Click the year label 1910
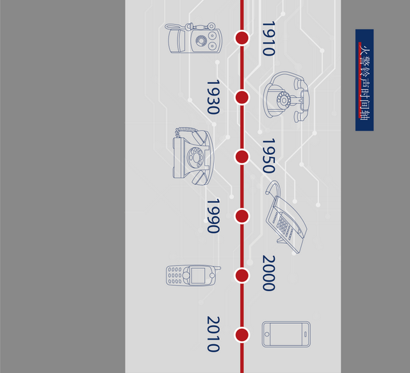[268, 38]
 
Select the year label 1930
[213, 97]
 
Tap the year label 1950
[268, 156]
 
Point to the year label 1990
[213, 216]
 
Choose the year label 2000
[268, 273]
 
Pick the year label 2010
[213, 334]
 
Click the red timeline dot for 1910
[242, 38]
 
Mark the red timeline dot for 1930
[242, 97]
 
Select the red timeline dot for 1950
[242, 157]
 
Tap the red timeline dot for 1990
[242, 216]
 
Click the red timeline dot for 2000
[242, 275]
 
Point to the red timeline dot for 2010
[242, 335]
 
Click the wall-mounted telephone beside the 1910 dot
[193, 38]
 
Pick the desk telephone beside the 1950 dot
[192, 155]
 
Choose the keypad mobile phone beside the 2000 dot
[192, 276]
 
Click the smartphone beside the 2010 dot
[286, 334]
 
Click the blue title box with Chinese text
[365, 80]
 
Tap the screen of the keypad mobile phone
[198, 276]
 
